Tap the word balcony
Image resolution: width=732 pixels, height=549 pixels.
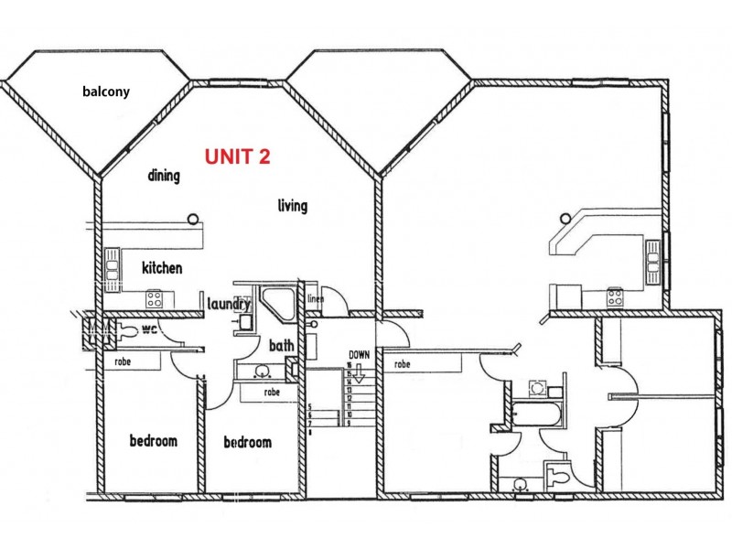pyautogui.click(x=105, y=91)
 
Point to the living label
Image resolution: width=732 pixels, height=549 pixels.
pyautogui.click(x=292, y=206)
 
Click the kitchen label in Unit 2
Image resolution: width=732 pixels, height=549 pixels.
pyautogui.click(x=162, y=268)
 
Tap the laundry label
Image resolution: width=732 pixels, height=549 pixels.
pyautogui.click(x=229, y=304)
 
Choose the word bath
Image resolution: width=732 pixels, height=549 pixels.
pyautogui.click(x=281, y=346)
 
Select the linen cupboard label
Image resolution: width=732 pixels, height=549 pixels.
pyautogui.click(x=317, y=298)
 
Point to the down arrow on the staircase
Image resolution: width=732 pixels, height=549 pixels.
pyautogui.click(x=360, y=373)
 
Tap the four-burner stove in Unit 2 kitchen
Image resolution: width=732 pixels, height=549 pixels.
pyautogui.click(x=156, y=297)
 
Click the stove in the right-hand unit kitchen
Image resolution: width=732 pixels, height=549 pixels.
pyautogui.click(x=615, y=296)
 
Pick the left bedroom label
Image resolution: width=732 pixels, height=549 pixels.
pyautogui.click(x=153, y=441)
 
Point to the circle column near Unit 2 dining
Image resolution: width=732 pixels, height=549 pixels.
pyautogui.click(x=193, y=218)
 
